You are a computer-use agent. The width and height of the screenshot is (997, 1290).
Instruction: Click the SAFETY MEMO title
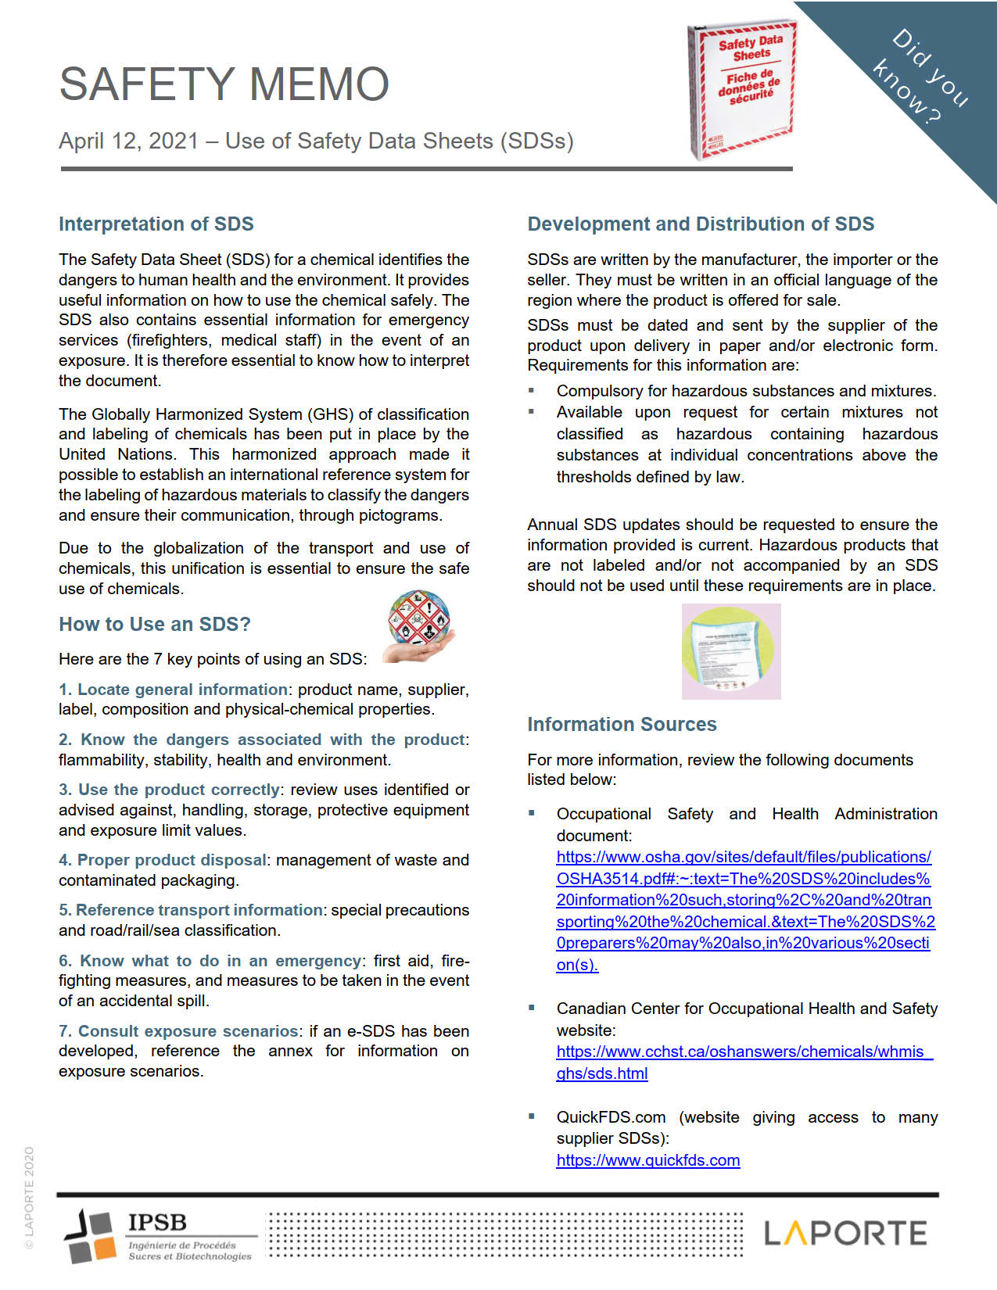coord(224,84)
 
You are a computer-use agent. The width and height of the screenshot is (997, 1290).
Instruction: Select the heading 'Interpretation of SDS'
coord(156,224)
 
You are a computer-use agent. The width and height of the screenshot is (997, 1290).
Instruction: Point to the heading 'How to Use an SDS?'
coord(155,624)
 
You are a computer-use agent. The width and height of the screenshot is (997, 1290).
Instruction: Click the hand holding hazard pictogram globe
coord(419,626)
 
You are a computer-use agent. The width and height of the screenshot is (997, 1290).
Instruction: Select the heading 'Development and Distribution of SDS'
coord(701,224)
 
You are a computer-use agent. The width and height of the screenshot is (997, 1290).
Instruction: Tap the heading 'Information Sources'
coord(622,725)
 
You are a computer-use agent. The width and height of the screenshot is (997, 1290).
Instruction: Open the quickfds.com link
coord(647,1160)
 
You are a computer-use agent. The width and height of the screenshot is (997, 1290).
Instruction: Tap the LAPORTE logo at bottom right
coord(845,1234)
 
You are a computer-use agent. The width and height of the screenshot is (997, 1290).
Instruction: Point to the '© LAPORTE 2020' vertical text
coord(29,1197)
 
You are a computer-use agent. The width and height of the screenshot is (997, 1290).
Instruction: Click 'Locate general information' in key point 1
coord(182,690)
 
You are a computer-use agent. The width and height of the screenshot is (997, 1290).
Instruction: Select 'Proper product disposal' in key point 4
coord(171,860)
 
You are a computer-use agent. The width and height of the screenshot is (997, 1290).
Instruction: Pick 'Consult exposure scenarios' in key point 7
coord(188,1031)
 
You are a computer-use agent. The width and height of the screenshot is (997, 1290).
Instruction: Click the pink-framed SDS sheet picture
coord(731,651)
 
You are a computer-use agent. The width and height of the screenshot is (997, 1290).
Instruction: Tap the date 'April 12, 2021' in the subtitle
coord(128,142)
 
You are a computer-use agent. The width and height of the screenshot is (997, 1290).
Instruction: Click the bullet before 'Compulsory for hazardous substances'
coord(532,390)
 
